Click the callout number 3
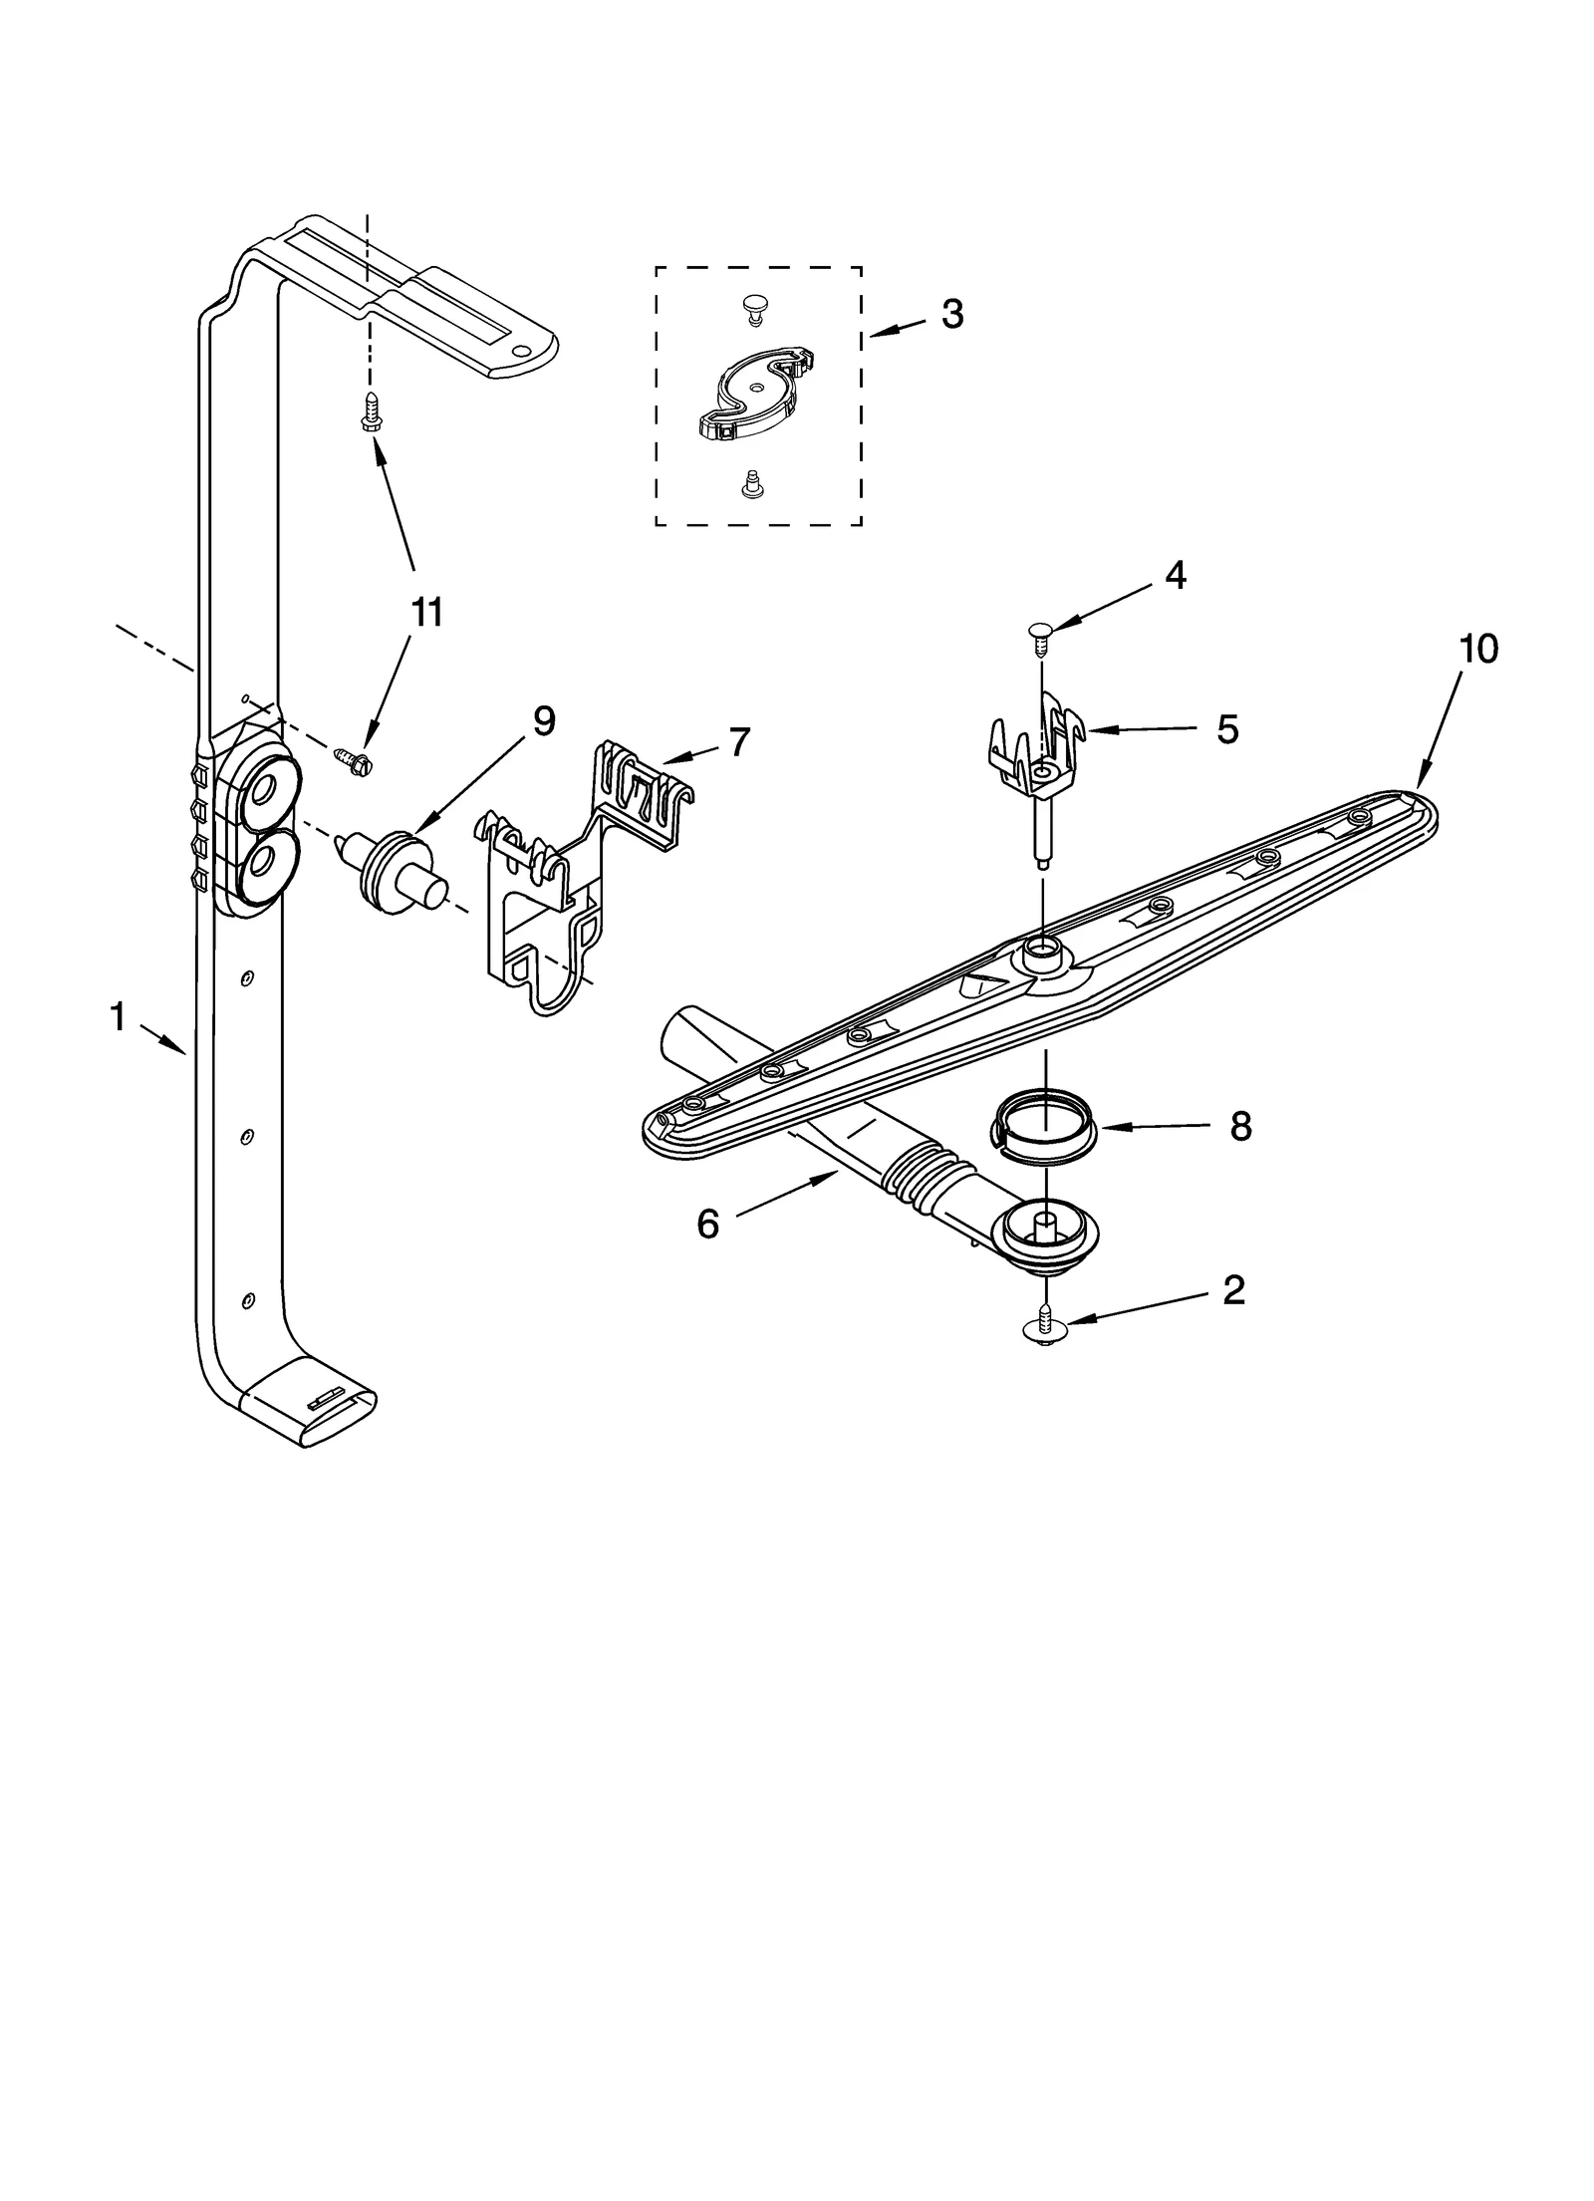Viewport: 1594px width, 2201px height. (x=951, y=314)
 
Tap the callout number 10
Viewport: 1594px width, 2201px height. (x=1477, y=649)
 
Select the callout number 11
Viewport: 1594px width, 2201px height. (x=426, y=613)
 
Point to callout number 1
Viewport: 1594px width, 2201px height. (x=118, y=1017)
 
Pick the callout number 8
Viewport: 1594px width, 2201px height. (x=1239, y=1127)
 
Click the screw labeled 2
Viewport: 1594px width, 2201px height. (x=1044, y=1325)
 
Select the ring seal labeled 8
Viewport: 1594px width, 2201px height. (x=1044, y=1126)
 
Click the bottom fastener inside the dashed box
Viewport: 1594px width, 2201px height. (x=754, y=485)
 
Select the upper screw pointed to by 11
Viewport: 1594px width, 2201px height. (x=371, y=412)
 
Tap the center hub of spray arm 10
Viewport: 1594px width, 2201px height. (x=1040, y=957)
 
